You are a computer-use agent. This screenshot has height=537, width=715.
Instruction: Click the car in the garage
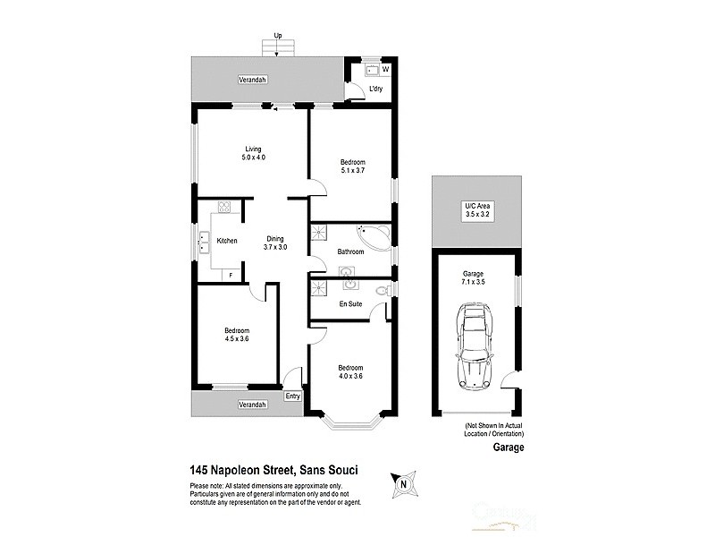[x=475, y=344]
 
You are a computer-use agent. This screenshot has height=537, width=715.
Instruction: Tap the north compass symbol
[x=403, y=483]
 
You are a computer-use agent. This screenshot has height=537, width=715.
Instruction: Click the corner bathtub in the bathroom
[x=373, y=236]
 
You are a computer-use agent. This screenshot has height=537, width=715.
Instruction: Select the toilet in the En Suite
[x=382, y=291]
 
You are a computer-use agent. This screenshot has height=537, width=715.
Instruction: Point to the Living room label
[x=254, y=153]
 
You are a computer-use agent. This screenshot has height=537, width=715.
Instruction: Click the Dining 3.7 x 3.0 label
[x=274, y=243]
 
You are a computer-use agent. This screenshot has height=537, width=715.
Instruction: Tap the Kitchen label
[x=226, y=241]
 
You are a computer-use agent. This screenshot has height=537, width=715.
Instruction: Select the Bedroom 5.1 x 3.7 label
[x=352, y=166]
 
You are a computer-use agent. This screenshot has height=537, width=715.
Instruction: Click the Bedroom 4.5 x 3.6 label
[x=236, y=335]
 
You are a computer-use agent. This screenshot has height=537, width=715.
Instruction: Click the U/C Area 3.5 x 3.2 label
[x=477, y=210]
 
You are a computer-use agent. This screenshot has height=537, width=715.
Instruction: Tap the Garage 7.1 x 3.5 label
[x=473, y=278]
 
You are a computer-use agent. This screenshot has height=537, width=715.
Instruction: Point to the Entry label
[x=292, y=396]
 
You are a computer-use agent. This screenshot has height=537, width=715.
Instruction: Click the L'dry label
[x=376, y=88]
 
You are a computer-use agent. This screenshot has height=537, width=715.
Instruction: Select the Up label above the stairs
[x=278, y=36]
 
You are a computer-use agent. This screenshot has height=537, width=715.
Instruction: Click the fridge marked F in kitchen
[x=232, y=274]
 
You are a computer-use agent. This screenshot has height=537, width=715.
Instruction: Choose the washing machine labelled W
[x=386, y=68]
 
